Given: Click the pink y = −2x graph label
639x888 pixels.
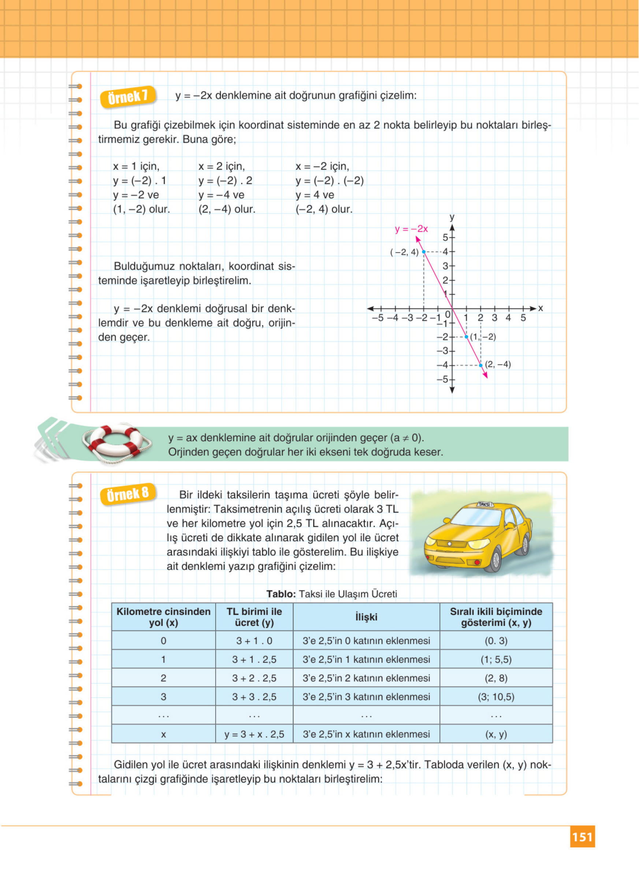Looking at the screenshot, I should (x=411, y=229).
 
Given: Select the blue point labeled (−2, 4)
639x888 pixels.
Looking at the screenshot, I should (x=424, y=252).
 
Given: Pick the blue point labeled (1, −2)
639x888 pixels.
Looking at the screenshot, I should (x=467, y=337).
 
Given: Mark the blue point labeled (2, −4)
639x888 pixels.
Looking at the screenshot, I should (x=480, y=365).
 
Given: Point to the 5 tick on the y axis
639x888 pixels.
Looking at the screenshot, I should (x=452, y=237).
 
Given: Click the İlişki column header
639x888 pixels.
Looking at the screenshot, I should (x=366, y=617).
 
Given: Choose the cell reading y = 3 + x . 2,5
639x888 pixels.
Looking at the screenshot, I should (x=255, y=734).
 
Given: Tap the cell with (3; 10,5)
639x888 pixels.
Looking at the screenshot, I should (x=496, y=696).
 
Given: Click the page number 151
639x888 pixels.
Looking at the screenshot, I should (x=582, y=837).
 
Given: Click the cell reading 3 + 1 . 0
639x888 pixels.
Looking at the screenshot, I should (x=255, y=641).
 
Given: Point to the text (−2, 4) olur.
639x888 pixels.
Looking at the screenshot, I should (x=324, y=209).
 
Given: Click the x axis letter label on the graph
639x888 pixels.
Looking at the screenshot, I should (x=540, y=308).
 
